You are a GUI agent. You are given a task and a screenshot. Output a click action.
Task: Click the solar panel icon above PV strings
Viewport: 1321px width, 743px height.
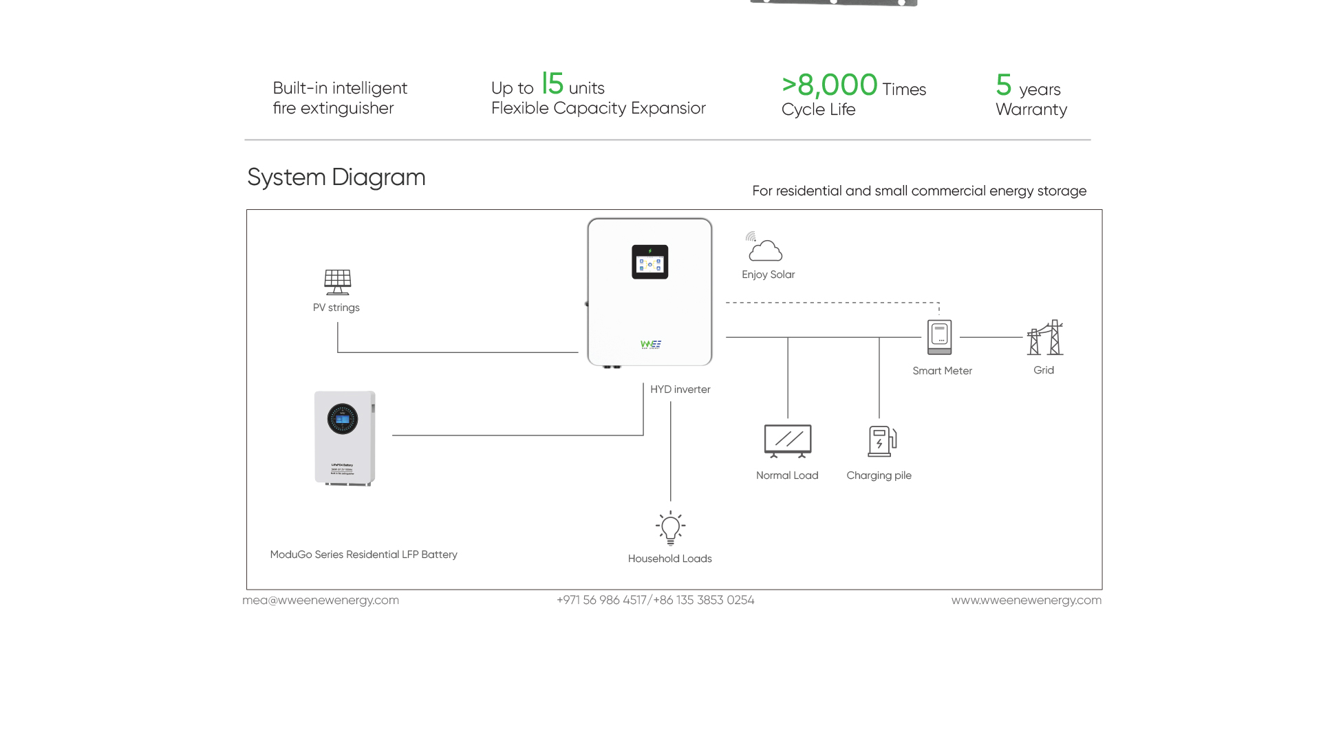click(x=338, y=282)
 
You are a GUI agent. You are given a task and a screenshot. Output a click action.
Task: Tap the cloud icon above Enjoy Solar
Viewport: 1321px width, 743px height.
click(x=765, y=250)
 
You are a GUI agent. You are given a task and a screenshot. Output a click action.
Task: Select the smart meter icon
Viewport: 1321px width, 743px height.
click(x=939, y=337)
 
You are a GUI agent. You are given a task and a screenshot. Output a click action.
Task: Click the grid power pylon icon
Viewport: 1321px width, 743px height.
click(x=1045, y=338)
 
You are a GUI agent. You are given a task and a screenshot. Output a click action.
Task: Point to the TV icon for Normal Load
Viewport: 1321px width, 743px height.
click(x=788, y=440)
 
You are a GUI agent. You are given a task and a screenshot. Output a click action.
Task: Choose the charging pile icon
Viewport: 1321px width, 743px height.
click(x=881, y=441)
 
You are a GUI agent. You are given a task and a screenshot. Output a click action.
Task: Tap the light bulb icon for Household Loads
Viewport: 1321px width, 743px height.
click(x=670, y=528)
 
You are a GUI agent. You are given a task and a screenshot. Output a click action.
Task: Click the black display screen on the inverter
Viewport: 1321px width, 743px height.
click(x=649, y=262)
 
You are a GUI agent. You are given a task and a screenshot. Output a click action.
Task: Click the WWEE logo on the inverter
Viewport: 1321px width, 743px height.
click(x=651, y=344)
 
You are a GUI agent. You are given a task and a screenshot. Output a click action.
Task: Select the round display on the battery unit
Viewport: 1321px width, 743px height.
click(x=343, y=419)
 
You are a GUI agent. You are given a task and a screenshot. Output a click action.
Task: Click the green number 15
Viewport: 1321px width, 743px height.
click(x=552, y=84)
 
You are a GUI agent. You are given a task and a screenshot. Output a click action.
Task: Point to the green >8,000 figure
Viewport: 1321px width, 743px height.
click(x=830, y=85)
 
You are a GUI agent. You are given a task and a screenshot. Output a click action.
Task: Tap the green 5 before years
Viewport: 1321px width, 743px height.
click(x=1004, y=85)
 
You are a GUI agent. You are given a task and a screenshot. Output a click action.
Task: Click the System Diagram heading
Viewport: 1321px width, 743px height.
click(x=336, y=177)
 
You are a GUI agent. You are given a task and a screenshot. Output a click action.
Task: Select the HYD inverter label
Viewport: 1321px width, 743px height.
click(x=680, y=389)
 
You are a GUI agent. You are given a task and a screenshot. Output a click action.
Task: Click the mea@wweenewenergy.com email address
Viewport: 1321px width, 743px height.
click(x=321, y=600)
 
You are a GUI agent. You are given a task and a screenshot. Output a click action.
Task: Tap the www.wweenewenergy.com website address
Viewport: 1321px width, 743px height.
click(x=1026, y=600)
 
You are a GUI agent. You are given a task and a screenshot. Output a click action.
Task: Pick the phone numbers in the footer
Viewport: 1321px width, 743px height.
click(x=655, y=600)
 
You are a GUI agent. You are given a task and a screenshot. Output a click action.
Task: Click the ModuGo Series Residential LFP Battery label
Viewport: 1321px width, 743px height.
click(x=363, y=554)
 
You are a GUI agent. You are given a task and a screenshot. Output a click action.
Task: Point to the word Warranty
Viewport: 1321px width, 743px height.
click(x=1031, y=109)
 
